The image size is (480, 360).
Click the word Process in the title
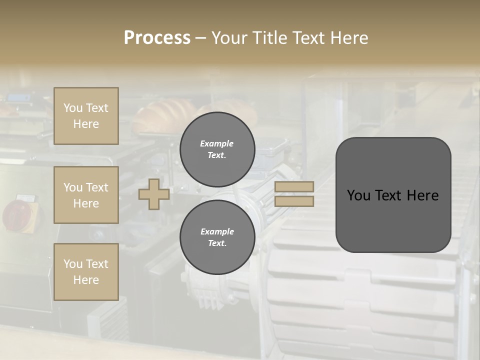tap(157, 38)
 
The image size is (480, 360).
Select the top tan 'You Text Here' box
tap(86, 116)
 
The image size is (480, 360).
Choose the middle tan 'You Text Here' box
tap(86, 195)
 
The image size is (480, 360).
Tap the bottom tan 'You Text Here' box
tap(86, 272)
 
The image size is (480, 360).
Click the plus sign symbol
tap(154, 194)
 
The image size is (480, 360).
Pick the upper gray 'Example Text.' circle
tap(217, 149)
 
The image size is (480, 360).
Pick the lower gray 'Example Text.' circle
tap(217, 237)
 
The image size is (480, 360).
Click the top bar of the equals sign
tap(294, 187)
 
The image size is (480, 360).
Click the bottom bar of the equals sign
tap(294, 201)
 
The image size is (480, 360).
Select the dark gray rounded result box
tap(393, 195)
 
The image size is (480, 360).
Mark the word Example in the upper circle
tap(217, 143)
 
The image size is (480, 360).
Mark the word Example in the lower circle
tap(217, 231)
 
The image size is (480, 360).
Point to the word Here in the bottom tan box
tap(86, 280)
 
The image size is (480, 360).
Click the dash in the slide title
tap(200, 38)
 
